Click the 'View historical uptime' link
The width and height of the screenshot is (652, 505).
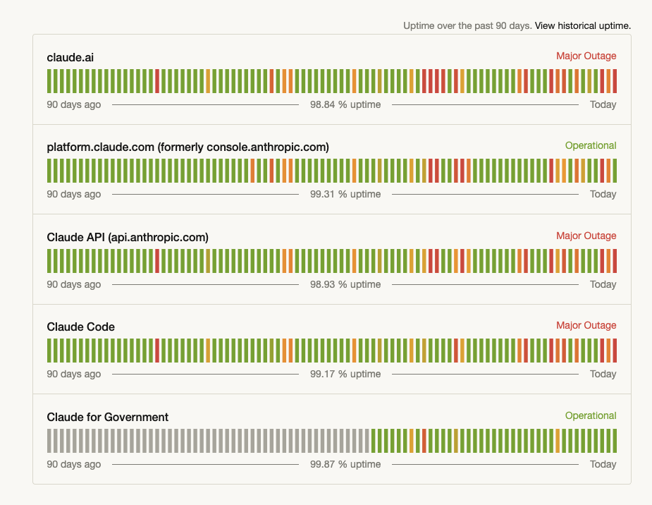(x=582, y=26)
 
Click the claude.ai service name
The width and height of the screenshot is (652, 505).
(x=70, y=57)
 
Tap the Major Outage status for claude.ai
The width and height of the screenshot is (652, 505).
(x=586, y=56)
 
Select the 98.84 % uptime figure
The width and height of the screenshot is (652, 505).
(x=345, y=104)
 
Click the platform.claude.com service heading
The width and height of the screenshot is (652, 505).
(x=188, y=147)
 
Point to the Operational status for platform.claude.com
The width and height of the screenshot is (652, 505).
(x=591, y=145)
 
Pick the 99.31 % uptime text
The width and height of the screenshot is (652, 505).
(x=345, y=194)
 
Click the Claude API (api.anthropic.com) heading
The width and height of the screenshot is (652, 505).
(x=128, y=238)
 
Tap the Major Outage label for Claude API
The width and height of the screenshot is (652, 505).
(x=586, y=236)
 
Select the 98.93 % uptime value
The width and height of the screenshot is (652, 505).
(x=345, y=284)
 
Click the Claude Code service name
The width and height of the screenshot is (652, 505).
(x=80, y=327)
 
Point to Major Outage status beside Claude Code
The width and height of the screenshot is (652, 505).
(x=586, y=325)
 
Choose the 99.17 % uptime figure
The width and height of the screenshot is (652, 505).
(x=345, y=374)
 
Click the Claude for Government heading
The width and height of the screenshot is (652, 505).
(x=108, y=418)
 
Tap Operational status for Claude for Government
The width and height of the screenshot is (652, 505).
(x=591, y=415)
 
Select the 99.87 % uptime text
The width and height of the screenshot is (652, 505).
(x=345, y=464)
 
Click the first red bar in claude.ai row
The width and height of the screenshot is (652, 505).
(x=157, y=81)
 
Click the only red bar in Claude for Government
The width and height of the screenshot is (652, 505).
(x=424, y=441)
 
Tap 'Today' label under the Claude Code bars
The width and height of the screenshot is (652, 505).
(x=603, y=374)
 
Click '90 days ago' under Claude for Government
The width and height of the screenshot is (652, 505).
(x=73, y=464)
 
